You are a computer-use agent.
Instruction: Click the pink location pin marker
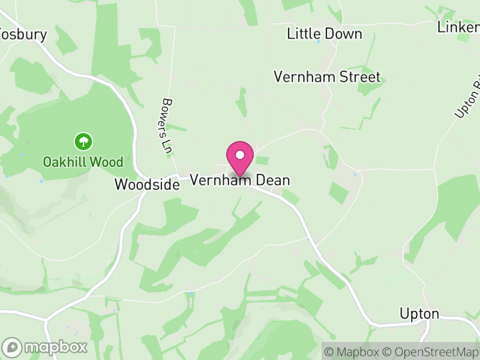[240, 158]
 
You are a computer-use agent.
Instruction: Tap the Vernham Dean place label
[240, 180]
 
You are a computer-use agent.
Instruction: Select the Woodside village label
[147, 185]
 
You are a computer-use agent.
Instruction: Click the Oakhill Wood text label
[83, 162]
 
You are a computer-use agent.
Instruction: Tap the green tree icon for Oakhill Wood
[83, 142]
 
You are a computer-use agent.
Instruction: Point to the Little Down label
[325, 34]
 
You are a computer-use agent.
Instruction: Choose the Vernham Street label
[327, 77]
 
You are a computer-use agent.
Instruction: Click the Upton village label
[420, 314]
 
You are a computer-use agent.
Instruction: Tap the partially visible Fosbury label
[24, 34]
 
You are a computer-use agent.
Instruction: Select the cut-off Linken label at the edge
[458, 27]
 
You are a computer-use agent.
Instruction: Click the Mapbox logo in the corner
[45, 347]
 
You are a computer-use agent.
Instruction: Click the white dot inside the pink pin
[240, 155]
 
